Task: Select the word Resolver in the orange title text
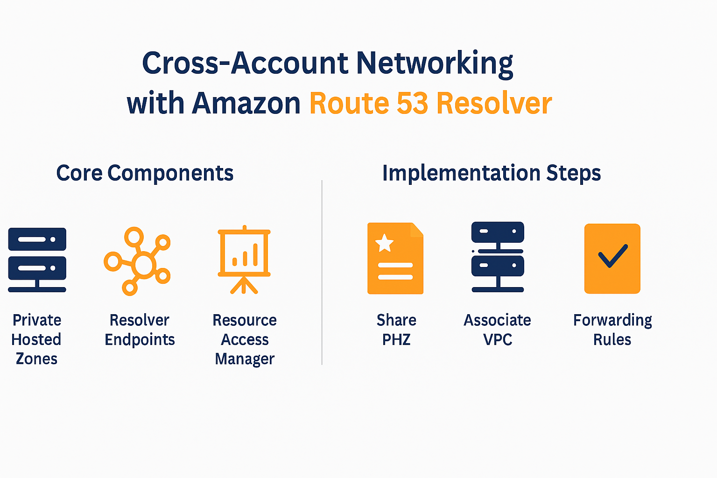point(494,103)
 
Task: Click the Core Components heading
point(145,173)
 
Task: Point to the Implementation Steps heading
point(491,173)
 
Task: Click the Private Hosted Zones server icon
point(37,260)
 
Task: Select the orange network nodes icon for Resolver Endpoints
point(137,261)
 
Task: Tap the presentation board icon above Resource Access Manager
point(244,260)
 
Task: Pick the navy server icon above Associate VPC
point(498,257)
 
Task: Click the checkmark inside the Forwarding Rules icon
point(612,256)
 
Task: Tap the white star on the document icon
point(385,243)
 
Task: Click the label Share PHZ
point(396,330)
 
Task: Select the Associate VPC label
point(497,330)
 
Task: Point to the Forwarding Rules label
point(612,330)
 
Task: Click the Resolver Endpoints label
point(140,330)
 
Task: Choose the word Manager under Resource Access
point(245,359)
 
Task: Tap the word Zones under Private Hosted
point(36,359)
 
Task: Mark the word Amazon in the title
point(246,103)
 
